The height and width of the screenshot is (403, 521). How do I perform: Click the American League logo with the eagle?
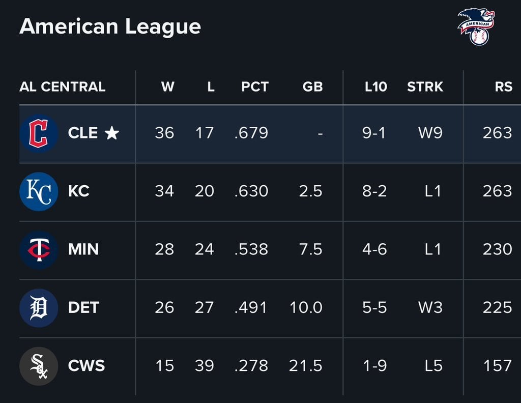click(x=476, y=27)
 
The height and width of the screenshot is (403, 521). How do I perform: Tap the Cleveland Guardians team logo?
click(x=39, y=133)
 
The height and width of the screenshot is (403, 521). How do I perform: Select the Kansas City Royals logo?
click(x=39, y=191)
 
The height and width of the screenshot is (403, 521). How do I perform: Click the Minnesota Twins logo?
click(x=39, y=250)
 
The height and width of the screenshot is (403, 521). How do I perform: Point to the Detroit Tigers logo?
click(x=39, y=308)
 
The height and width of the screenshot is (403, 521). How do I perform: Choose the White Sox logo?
click(x=39, y=366)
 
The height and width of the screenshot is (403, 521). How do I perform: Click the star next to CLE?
click(x=111, y=133)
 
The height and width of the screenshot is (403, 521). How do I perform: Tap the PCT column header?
click(x=254, y=87)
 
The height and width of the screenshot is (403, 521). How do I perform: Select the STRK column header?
click(x=425, y=87)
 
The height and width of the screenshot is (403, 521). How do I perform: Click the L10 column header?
click(x=376, y=87)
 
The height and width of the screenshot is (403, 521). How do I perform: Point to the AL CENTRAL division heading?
click(x=63, y=87)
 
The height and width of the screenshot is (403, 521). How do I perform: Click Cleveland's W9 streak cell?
click(x=430, y=133)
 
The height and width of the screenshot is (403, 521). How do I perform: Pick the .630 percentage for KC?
click(x=251, y=191)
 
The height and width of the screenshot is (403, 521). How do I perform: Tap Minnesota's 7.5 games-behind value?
click(x=311, y=249)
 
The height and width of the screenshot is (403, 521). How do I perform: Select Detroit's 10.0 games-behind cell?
click(x=306, y=307)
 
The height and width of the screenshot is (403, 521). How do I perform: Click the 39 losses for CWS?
click(x=205, y=366)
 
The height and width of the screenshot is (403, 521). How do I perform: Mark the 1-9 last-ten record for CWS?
click(x=375, y=366)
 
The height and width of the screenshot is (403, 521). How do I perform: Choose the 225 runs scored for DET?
click(x=498, y=307)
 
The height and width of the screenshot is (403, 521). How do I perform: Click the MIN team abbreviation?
click(x=83, y=249)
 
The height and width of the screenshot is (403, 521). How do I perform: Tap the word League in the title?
click(x=163, y=27)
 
